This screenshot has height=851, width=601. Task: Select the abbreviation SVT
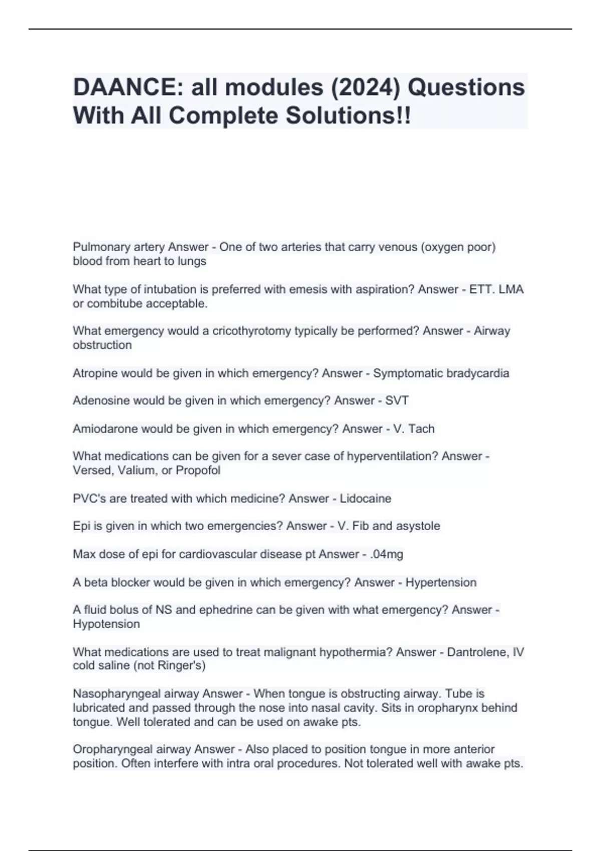click(x=397, y=400)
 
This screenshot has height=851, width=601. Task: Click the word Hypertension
click(x=441, y=582)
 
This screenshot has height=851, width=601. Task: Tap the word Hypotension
click(x=106, y=624)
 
